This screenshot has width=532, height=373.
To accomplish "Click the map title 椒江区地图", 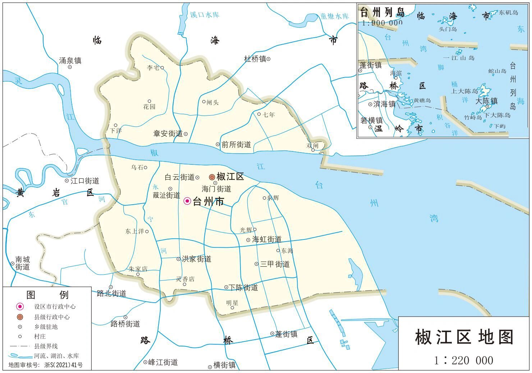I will [464, 337].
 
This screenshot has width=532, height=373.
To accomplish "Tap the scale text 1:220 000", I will [463, 360].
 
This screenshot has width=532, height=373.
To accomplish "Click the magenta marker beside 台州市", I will [187, 201].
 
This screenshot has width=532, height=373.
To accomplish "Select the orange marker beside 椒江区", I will [212, 177].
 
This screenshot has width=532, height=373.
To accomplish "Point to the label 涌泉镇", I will [70, 60].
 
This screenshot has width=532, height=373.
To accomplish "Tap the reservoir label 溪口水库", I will [204, 15].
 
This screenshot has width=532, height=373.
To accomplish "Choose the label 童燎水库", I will [334, 16].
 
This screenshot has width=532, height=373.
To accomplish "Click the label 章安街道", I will [168, 134].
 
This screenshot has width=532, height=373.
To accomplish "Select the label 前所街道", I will [236, 144].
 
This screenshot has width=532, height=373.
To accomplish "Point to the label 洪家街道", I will [196, 259].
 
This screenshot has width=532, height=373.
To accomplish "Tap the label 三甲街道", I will [275, 264].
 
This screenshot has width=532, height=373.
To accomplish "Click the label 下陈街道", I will [243, 287].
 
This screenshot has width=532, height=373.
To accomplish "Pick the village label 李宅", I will [153, 67].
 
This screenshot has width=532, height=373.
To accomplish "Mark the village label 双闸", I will [312, 145].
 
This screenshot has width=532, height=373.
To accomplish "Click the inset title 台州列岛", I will [382, 13].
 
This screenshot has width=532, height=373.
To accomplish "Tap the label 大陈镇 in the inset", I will [486, 101].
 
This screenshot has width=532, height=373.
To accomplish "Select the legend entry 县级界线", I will [46, 346].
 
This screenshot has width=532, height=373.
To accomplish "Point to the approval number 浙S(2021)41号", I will [63, 365].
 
